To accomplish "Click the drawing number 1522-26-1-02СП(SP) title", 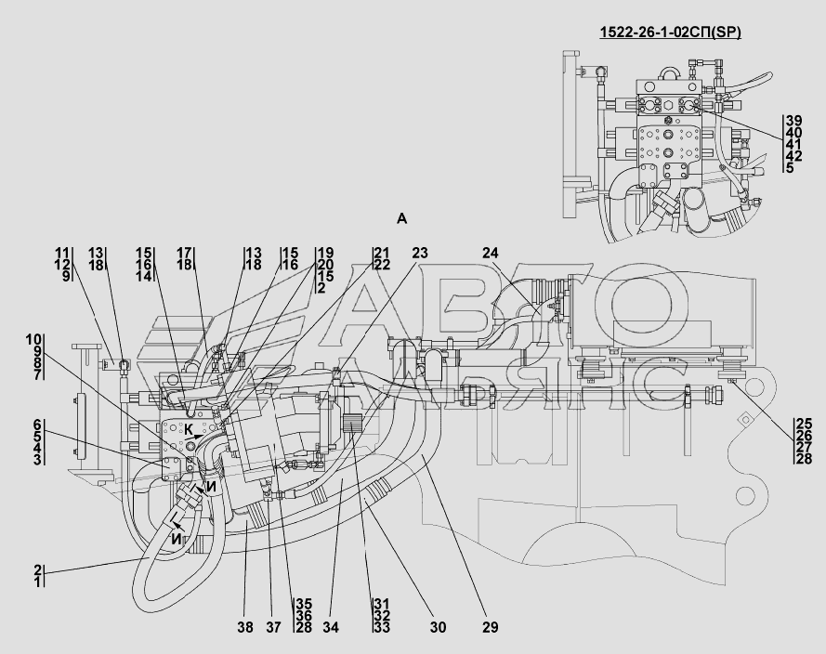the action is click(x=670, y=33).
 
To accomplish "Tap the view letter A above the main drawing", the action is click(x=402, y=218).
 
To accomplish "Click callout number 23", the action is click(x=420, y=254).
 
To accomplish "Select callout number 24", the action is click(x=491, y=254).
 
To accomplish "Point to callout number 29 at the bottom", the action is click(x=490, y=627).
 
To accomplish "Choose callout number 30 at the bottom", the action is click(x=438, y=627).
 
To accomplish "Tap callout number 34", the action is click(x=330, y=627).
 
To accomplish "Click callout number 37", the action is click(x=273, y=627).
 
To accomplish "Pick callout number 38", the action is click(x=245, y=627).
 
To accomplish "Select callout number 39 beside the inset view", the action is click(x=793, y=121).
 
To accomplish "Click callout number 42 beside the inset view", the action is click(x=793, y=156).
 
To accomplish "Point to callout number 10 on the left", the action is click(x=33, y=340).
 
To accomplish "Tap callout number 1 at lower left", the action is click(x=38, y=582).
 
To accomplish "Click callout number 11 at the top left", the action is click(x=62, y=254).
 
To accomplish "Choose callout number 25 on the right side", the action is click(x=805, y=424).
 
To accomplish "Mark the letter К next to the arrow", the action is click(x=189, y=429).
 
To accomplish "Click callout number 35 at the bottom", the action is click(x=304, y=604).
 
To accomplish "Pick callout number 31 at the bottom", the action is click(x=382, y=604).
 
